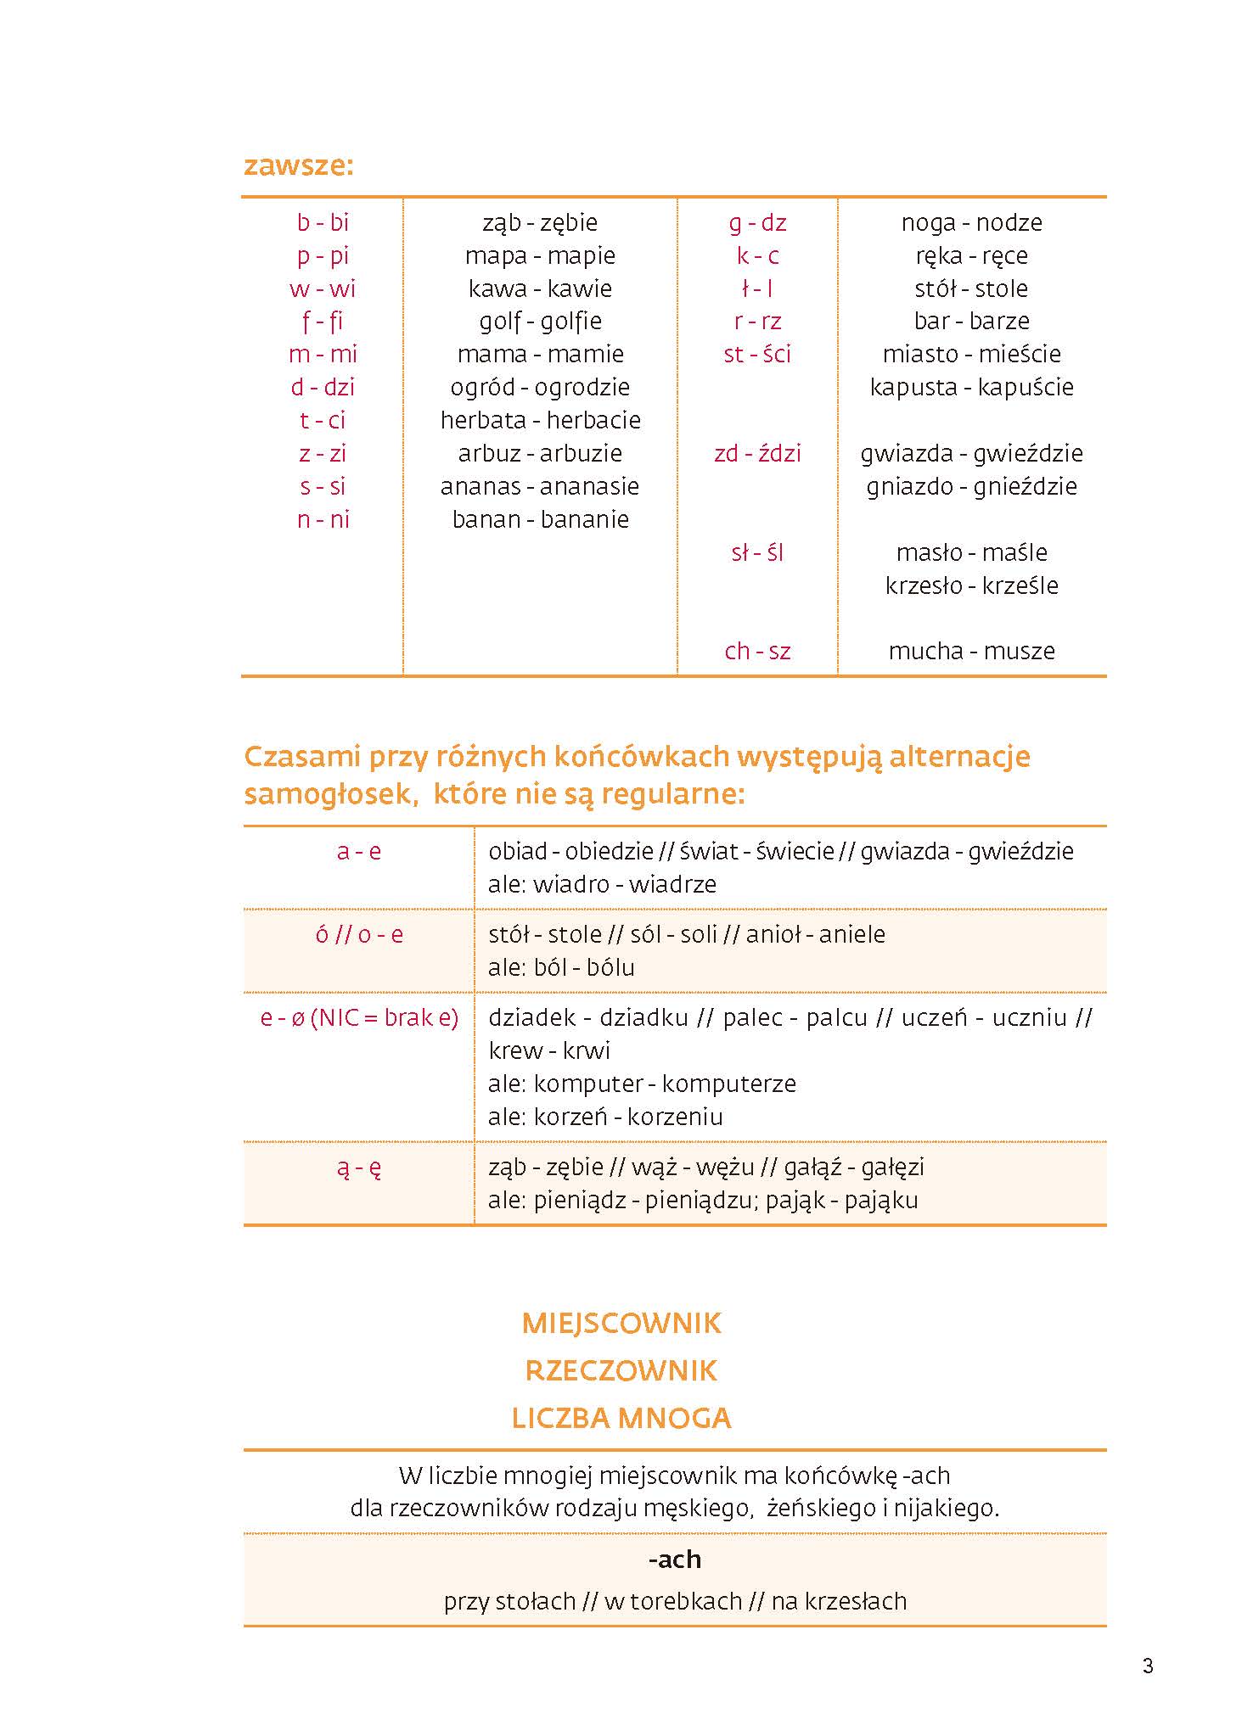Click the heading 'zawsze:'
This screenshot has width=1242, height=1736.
click(x=298, y=165)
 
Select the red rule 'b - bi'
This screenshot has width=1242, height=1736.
click(x=323, y=222)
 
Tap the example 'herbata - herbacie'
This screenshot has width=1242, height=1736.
click(x=540, y=420)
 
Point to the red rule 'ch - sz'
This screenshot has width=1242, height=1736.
click(x=757, y=651)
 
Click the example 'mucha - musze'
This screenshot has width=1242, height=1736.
click(x=971, y=651)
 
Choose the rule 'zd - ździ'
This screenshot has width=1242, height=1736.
click(x=757, y=453)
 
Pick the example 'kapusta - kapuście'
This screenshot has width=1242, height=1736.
click(x=971, y=387)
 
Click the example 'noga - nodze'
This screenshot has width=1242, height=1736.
click(x=971, y=222)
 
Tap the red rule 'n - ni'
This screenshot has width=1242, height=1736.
click(x=323, y=519)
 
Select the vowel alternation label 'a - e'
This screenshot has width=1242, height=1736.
click(x=358, y=851)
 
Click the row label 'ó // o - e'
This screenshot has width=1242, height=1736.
click(x=358, y=934)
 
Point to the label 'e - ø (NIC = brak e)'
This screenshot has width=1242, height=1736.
click(x=358, y=1017)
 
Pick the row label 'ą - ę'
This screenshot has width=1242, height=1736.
click(x=358, y=1168)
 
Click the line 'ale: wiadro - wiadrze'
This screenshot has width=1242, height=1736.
click(x=602, y=884)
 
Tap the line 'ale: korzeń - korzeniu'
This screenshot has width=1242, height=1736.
click(x=605, y=1117)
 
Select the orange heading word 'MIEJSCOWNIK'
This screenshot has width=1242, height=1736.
click(x=621, y=1324)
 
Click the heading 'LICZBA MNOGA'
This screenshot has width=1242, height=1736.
click(x=621, y=1418)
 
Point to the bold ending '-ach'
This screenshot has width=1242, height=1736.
click(x=674, y=1559)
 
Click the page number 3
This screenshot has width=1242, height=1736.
click(x=1148, y=1666)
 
